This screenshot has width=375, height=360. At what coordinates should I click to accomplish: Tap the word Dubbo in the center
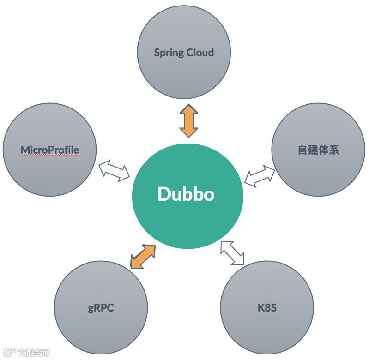(x=186, y=194)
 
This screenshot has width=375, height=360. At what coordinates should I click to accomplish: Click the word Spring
(x=169, y=53)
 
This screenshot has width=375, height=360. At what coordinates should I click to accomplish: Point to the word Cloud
(x=200, y=52)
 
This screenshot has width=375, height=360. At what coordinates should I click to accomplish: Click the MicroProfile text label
(x=50, y=150)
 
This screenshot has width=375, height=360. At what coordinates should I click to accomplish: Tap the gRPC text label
(x=101, y=307)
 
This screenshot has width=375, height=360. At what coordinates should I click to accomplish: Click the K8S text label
(x=267, y=307)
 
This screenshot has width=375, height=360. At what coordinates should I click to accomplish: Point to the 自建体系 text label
(x=318, y=150)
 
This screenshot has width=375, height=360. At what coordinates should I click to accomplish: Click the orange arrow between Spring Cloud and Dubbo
(x=188, y=120)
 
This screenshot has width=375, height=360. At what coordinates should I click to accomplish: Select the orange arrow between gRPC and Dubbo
(x=142, y=257)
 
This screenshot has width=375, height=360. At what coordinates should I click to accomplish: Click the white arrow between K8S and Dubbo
(x=232, y=253)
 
